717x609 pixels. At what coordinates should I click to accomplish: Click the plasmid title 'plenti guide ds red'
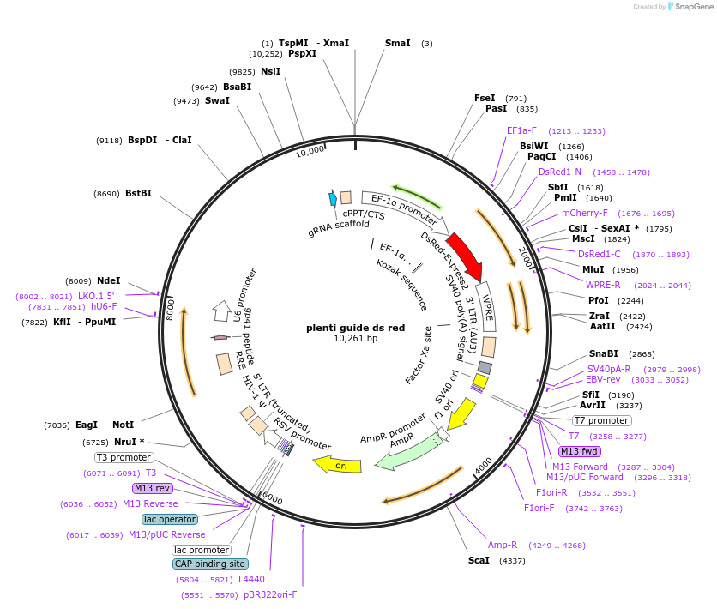coord(355,328)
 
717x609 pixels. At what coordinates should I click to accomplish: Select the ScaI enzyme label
coord(479,560)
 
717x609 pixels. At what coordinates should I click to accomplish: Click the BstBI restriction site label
coord(138,193)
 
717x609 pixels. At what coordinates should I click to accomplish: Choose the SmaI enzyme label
coord(397,43)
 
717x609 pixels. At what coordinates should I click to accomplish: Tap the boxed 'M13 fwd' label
coord(580,451)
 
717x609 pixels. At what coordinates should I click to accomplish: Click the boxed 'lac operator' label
coord(170,519)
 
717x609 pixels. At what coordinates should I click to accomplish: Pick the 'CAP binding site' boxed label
coord(210,564)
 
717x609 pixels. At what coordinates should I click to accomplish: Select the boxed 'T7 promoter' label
coord(601,420)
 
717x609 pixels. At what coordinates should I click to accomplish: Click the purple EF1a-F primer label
coord(521,130)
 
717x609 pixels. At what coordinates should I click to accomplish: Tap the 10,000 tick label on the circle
coord(310,151)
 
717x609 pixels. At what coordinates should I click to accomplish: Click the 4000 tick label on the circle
coord(484,465)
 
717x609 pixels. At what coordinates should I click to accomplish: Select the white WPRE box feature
coord(485,306)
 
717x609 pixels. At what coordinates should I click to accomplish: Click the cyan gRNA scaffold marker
coord(333,198)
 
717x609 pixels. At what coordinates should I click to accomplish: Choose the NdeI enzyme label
coord(109,280)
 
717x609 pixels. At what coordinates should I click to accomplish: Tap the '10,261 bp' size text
coord(355,339)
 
